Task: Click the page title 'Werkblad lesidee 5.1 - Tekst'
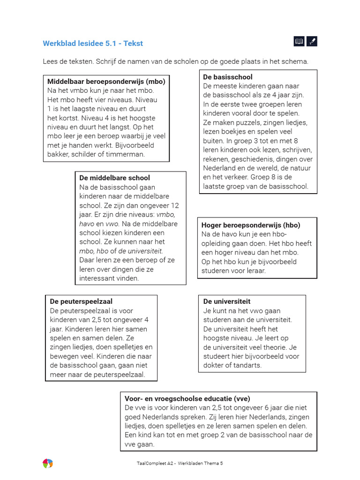click(x=93, y=44)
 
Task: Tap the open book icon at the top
click(x=299, y=42)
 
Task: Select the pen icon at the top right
click(x=312, y=42)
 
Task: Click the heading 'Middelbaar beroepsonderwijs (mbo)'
click(x=106, y=82)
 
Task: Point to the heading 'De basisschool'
click(x=228, y=77)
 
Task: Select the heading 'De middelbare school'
click(x=115, y=178)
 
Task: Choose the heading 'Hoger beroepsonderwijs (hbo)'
click(x=251, y=225)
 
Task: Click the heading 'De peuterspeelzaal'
click(x=81, y=301)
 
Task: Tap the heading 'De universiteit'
click(x=227, y=301)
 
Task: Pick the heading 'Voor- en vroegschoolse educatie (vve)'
click(x=187, y=398)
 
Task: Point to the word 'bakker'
click(x=58, y=154)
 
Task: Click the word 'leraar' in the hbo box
click(x=255, y=270)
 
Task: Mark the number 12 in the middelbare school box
click(x=175, y=205)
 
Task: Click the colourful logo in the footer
click(x=48, y=463)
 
